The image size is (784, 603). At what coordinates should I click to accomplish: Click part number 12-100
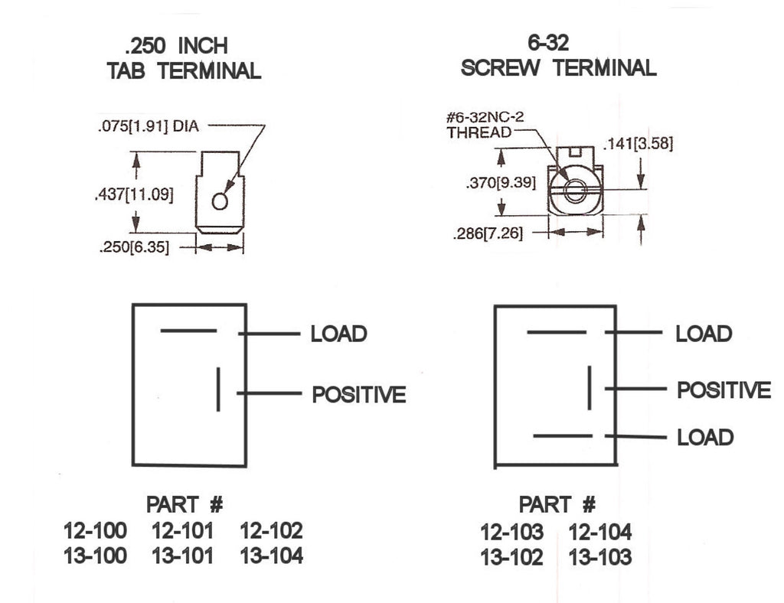95,530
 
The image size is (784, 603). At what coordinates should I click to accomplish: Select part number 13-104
272,556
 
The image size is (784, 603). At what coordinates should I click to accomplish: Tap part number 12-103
511,532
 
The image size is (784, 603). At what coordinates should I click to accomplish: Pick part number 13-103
600,557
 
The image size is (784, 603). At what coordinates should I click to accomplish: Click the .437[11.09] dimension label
134,194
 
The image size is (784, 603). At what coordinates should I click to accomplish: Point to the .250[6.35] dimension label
134,247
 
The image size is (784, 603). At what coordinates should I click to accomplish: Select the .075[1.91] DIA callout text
149,126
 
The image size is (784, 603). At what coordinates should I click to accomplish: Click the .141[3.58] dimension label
639,143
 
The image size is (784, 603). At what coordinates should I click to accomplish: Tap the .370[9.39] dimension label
501,183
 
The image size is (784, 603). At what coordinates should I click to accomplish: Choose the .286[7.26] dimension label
488,233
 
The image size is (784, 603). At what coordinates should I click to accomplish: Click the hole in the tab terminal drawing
220,200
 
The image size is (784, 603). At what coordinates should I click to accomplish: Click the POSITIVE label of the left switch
359,395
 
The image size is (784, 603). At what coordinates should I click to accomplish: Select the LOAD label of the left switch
339,334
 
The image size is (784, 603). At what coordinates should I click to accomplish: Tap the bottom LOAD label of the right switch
705,437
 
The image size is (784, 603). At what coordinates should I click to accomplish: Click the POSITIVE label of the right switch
724,390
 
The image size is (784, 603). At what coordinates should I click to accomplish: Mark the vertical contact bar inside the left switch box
218,390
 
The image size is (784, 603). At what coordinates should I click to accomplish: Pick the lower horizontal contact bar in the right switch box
563,436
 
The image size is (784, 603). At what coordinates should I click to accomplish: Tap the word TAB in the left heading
126,70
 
